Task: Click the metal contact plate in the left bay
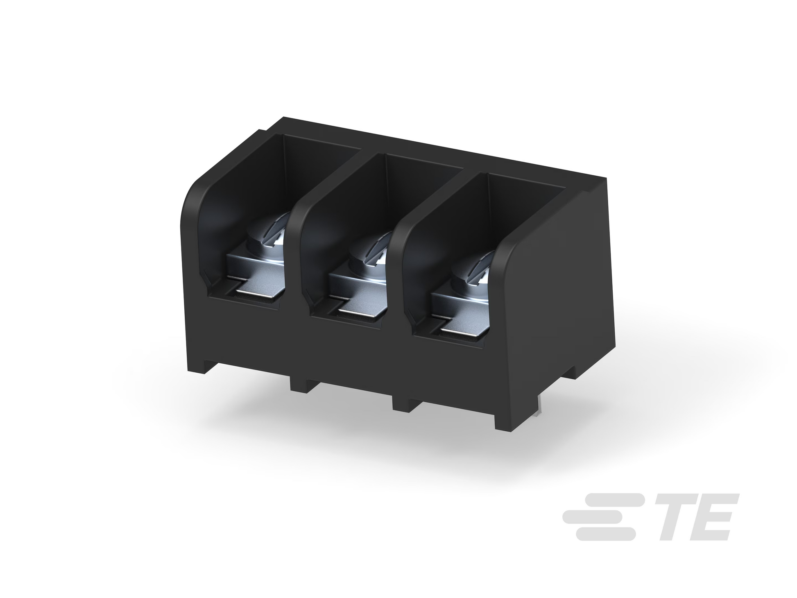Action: (x=254, y=283)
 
